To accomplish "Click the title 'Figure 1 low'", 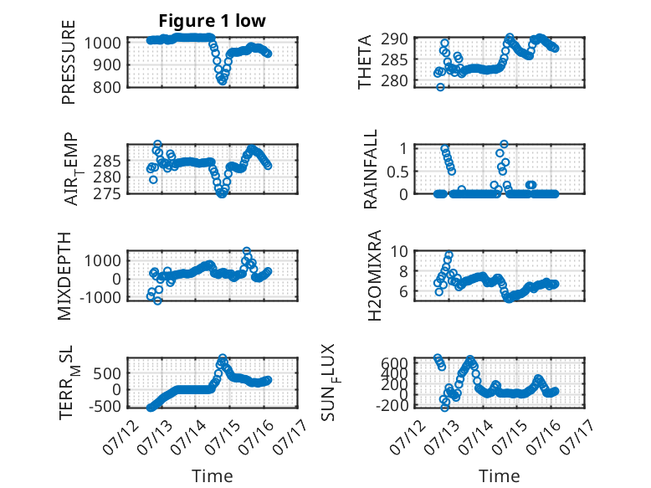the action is pyautogui.click(x=213, y=21).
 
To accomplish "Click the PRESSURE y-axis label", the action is pyautogui.click(x=69, y=62).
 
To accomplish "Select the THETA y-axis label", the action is pyautogui.click(x=365, y=62).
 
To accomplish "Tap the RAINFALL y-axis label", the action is pyautogui.click(x=371, y=168).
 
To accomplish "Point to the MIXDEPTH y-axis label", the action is pyautogui.click(x=64, y=275).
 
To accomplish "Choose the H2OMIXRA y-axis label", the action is pyautogui.click(x=375, y=275).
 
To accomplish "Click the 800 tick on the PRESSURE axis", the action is pyautogui.click(x=107, y=87).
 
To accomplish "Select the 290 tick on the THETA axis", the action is pyautogui.click(x=394, y=39).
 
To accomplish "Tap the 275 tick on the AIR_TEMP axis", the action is pyautogui.click(x=107, y=194).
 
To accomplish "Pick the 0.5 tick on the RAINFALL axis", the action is pyautogui.click(x=397, y=172).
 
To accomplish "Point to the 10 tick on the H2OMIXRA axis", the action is pyautogui.click(x=399, y=251).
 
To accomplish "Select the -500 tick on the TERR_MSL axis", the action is pyautogui.click(x=105, y=406).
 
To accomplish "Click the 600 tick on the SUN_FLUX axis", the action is pyautogui.click(x=394, y=363).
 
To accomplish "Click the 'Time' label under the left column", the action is pyautogui.click(x=213, y=476).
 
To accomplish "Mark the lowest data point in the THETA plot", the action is pyautogui.click(x=440, y=87).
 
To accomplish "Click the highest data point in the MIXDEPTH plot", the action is pyautogui.click(x=247, y=251).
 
